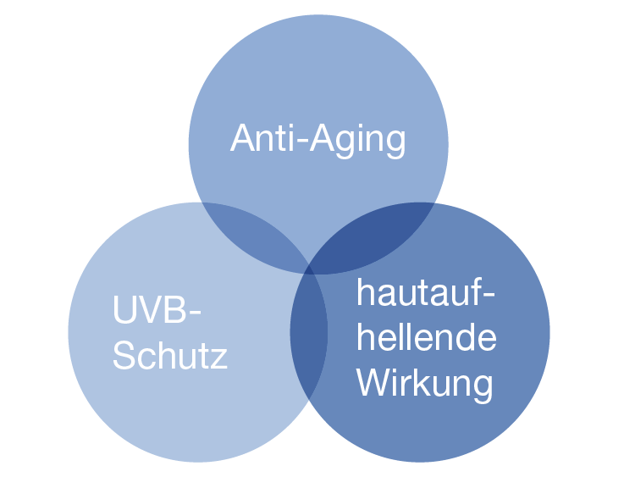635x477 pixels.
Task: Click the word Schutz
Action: (170, 355)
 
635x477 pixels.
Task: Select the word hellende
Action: (426, 337)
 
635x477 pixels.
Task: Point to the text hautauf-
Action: (425, 294)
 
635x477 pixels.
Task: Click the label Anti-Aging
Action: (317, 138)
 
